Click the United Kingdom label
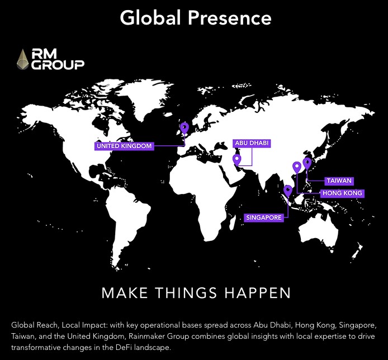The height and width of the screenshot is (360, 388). [124, 146]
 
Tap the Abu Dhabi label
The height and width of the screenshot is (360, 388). [252, 143]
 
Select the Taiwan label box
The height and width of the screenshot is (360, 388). [339, 181]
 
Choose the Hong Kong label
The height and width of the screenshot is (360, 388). [342, 193]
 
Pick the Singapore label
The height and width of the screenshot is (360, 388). [263, 217]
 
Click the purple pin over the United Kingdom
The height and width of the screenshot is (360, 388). [185, 128]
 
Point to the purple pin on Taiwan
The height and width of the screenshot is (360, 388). [306, 163]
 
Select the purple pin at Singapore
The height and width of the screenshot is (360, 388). [287, 191]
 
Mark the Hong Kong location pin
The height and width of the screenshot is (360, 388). [297, 167]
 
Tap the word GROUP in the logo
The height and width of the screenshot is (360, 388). [58, 65]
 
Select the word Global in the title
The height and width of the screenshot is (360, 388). [151, 18]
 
